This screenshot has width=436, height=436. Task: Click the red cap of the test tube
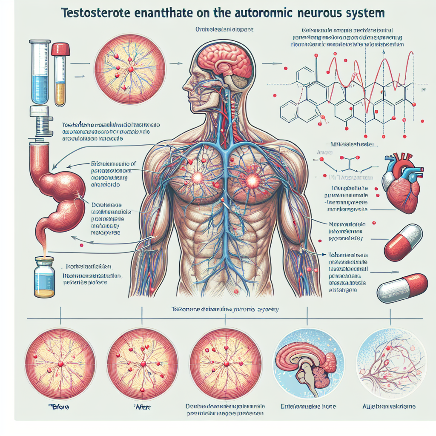pos(60,50)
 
